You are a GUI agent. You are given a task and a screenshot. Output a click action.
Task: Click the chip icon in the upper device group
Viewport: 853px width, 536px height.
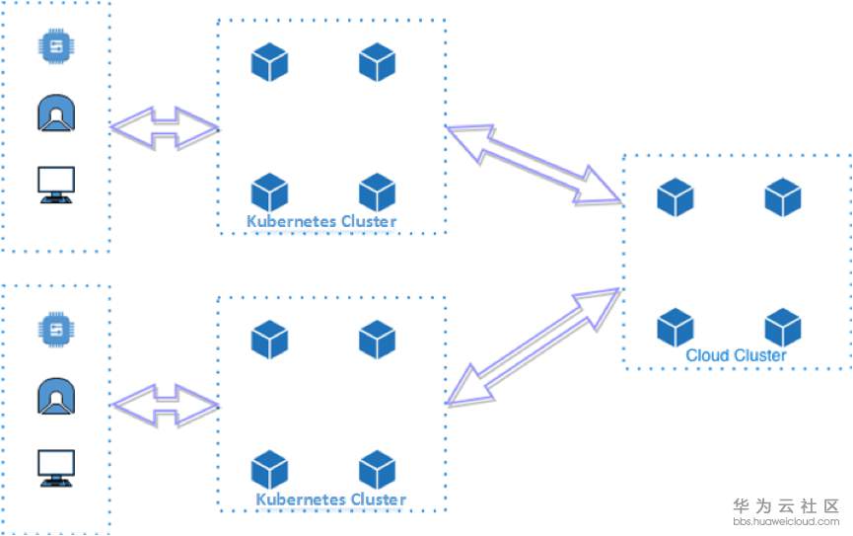click(56, 46)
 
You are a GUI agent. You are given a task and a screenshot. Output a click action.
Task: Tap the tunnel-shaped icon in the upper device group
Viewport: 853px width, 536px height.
click(56, 114)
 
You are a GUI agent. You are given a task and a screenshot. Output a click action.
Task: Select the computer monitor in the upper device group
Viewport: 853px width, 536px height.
click(56, 186)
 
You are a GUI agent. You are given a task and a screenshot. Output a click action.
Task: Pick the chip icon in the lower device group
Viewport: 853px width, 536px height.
click(56, 330)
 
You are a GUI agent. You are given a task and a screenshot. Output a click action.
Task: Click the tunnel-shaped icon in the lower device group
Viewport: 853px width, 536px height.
click(56, 397)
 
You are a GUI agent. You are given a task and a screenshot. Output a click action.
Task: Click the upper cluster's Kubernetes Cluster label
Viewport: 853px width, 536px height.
click(321, 221)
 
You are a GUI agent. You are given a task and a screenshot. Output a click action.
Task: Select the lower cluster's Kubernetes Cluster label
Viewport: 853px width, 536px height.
click(330, 498)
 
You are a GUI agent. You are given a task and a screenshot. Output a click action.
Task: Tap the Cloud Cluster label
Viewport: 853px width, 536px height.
click(736, 355)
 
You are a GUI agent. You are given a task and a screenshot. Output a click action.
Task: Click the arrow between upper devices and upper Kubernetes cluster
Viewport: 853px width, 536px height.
click(165, 128)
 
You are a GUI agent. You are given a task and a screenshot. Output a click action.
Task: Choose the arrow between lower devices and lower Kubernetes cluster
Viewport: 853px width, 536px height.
click(165, 406)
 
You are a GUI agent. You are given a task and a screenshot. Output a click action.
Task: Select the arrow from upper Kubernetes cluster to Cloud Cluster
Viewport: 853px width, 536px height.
click(533, 164)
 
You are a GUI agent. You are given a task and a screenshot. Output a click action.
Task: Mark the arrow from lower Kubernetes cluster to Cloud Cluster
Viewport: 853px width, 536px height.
click(533, 346)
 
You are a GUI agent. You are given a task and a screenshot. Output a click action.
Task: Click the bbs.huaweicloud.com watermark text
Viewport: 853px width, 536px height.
click(786, 522)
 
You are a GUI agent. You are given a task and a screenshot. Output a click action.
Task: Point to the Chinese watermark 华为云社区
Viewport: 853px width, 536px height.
click(786, 506)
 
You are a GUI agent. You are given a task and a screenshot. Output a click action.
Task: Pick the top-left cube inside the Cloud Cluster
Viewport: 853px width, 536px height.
click(675, 197)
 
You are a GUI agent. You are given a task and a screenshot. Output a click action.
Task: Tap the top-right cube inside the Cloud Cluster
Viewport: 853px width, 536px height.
click(783, 197)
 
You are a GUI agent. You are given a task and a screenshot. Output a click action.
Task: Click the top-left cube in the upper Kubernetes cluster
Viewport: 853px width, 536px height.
click(269, 62)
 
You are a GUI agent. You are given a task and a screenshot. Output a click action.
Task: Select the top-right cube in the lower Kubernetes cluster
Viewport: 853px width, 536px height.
click(377, 340)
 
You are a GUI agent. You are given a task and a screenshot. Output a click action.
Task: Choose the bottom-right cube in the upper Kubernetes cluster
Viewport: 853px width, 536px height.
click(377, 192)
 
